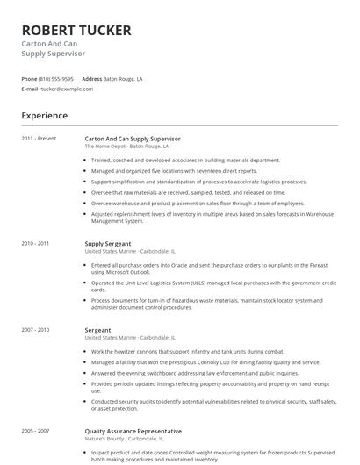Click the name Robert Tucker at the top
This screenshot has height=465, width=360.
coord(76,31)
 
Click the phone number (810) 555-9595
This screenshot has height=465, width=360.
coord(56,78)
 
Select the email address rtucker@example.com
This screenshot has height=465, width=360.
coord(67,89)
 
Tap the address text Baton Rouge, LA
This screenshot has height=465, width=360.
coord(123,78)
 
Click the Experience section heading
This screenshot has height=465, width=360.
coord(44,115)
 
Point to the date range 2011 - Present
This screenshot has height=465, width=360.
coord(39,139)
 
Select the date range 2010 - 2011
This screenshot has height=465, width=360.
coord(36,243)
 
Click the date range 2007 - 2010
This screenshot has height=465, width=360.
coord(36,330)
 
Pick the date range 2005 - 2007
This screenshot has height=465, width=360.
coord(36,431)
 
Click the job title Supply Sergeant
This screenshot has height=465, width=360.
coord(108,243)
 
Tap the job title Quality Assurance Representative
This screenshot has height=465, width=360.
coord(133,431)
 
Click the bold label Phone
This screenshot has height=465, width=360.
coord(29,78)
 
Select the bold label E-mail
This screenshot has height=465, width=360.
coord(30,89)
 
